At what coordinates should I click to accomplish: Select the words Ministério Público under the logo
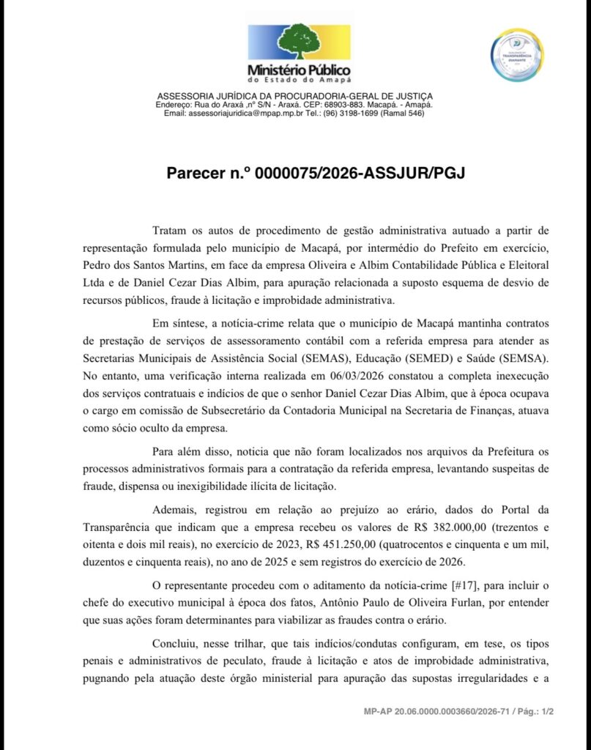pyautogui.click(x=299, y=70)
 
